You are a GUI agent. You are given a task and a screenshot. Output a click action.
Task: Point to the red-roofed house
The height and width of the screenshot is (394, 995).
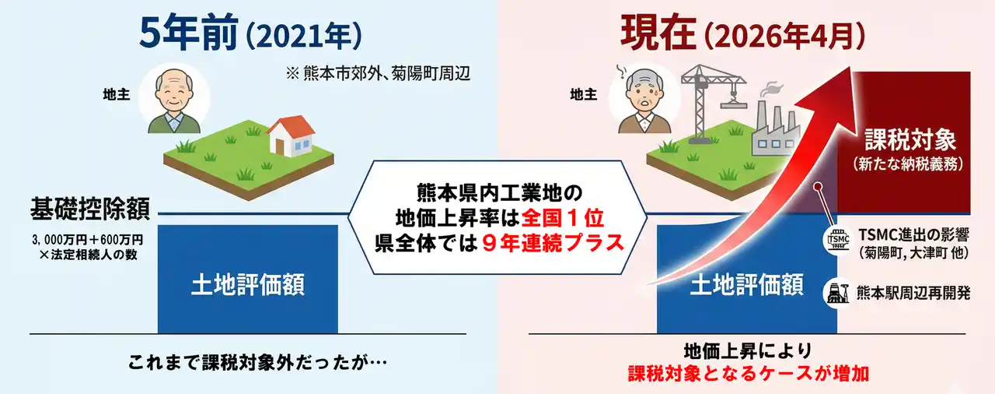pyautogui.click(x=291, y=135)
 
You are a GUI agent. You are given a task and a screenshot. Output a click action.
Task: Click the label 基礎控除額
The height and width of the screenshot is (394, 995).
pyautogui.click(x=90, y=209)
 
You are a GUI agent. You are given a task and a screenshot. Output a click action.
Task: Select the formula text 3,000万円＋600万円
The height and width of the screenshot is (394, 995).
pyautogui.click(x=88, y=240)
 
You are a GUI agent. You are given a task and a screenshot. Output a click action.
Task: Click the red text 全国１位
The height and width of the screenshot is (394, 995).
pyautogui.click(x=563, y=218)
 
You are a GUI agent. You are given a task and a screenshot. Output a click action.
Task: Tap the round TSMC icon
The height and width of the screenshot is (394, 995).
pyautogui.click(x=838, y=240)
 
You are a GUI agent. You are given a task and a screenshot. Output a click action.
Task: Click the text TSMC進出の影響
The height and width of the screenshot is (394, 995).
pyautogui.click(x=913, y=235)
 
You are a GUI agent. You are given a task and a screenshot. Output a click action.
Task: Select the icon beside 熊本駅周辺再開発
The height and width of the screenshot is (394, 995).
pyautogui.click(x=837, y=293)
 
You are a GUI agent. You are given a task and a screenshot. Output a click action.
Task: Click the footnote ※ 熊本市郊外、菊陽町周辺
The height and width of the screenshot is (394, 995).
pyautogui.click(x=378, y=73)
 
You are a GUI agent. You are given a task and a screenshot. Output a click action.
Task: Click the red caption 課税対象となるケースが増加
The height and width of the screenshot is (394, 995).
pyautogui.click(x=748, y=374)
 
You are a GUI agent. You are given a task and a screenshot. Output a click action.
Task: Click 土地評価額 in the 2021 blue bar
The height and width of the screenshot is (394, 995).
pyautogui.click(x=248, y=285)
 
